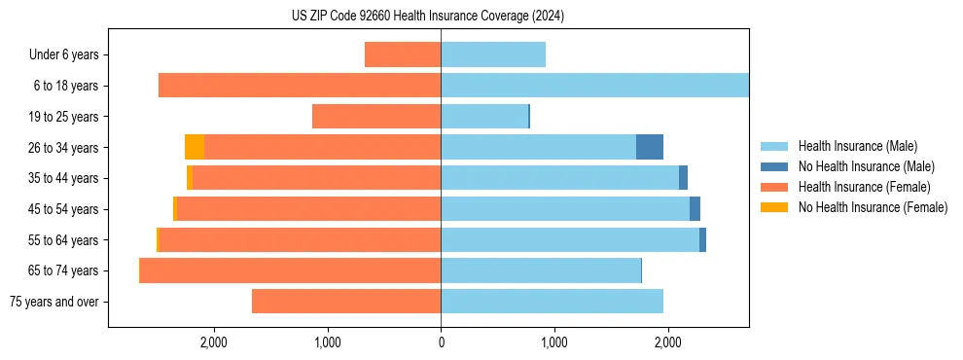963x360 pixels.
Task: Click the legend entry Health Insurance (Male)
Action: tap(857, 146)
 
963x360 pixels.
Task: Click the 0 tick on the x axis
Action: tap(441, 342)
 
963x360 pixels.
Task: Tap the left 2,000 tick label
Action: tap(213, 342)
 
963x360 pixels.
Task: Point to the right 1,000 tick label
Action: tap(554, 342)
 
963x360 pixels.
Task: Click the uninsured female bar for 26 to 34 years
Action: tap(195, 147)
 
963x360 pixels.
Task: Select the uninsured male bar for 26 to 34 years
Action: tap(650, 147)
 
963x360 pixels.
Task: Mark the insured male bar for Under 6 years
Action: tap(493, 54)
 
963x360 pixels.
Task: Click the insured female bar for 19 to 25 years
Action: tap(376, 117)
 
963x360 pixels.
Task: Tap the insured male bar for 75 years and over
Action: tap(552, 302)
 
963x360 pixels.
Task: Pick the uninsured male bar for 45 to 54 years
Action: tap(695, 209)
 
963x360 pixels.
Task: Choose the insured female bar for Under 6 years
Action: tap(403, 54)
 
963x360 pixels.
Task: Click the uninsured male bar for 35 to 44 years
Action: tap(683, 178)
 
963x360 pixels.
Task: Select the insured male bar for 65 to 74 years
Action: tap(541, 270)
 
